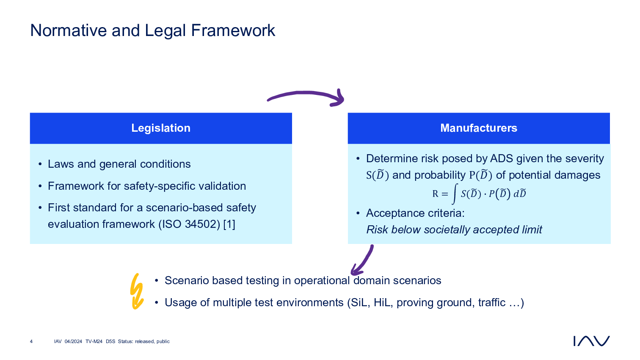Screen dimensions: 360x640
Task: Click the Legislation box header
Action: tap(161, 128)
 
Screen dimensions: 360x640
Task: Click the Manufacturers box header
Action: tap(478, 128)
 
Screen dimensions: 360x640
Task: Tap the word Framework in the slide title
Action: tap(233, 30)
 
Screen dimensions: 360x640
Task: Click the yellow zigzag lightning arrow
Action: tap(136, 291)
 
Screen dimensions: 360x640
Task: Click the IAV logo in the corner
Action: tap(591, 341)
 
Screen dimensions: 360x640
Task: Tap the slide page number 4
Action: tap(31, 341)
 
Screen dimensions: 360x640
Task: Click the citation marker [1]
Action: tap(229, 224)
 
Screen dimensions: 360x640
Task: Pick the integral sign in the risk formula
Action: tap(455, 194)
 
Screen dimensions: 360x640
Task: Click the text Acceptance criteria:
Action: tap(415, 213)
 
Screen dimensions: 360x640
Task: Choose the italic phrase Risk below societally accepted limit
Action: tap(454, 230)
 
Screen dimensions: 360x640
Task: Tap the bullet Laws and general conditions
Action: tap(119, 164)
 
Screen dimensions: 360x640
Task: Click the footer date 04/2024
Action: tap(73, 341)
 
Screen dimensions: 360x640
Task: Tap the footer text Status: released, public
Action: tap(143, 341)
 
